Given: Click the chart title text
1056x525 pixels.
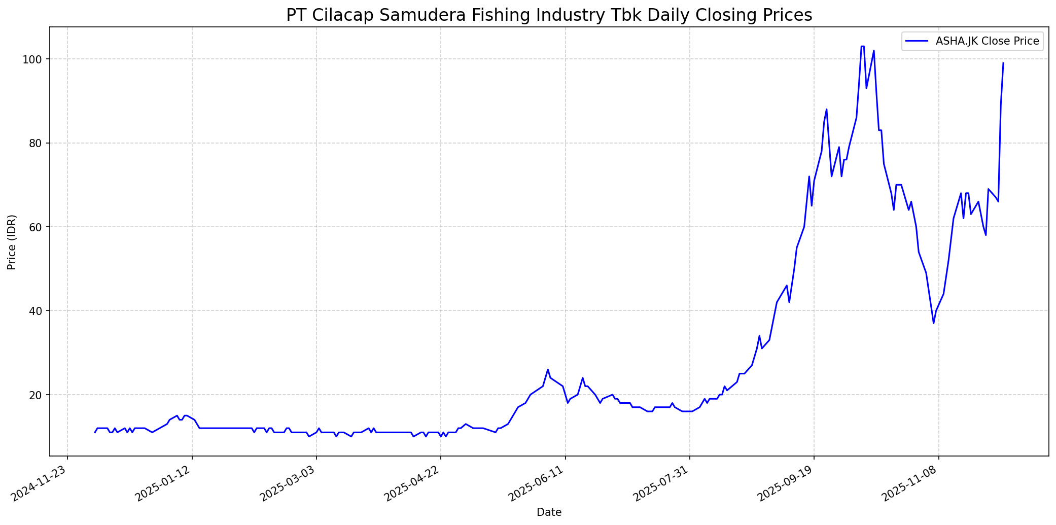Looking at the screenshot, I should click(549, 15).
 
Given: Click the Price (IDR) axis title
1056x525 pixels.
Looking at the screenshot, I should click(12, 242).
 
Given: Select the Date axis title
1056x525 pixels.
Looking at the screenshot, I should click(549, 513).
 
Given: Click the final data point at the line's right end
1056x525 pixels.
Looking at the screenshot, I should click(1003, 63).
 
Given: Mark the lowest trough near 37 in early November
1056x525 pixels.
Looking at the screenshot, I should click(933, 323).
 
